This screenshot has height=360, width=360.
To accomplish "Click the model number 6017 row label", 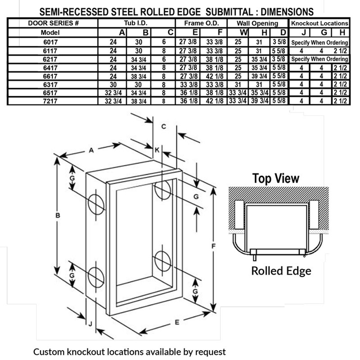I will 51,42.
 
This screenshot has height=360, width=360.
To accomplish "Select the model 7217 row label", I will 51,101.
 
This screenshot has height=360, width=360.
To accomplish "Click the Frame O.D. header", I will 201,23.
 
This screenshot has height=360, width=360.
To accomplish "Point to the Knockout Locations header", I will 320,23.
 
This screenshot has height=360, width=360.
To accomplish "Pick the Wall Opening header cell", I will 257,23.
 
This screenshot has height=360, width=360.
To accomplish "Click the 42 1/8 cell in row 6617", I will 215,76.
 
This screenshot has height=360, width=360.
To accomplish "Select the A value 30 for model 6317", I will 113,85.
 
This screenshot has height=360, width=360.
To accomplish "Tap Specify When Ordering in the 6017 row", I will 320,43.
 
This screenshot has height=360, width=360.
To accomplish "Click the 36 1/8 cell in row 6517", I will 188,93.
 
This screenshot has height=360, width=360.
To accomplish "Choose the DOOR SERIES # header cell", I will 53,23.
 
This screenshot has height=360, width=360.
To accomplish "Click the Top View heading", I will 276,178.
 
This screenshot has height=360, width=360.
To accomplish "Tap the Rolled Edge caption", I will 281,271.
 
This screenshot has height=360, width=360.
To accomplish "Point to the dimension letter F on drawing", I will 213,246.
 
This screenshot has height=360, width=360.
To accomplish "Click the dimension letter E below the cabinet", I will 177,322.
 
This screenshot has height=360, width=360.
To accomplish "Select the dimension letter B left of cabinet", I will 58,216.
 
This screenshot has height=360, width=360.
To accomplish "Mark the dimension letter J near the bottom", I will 90,324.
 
